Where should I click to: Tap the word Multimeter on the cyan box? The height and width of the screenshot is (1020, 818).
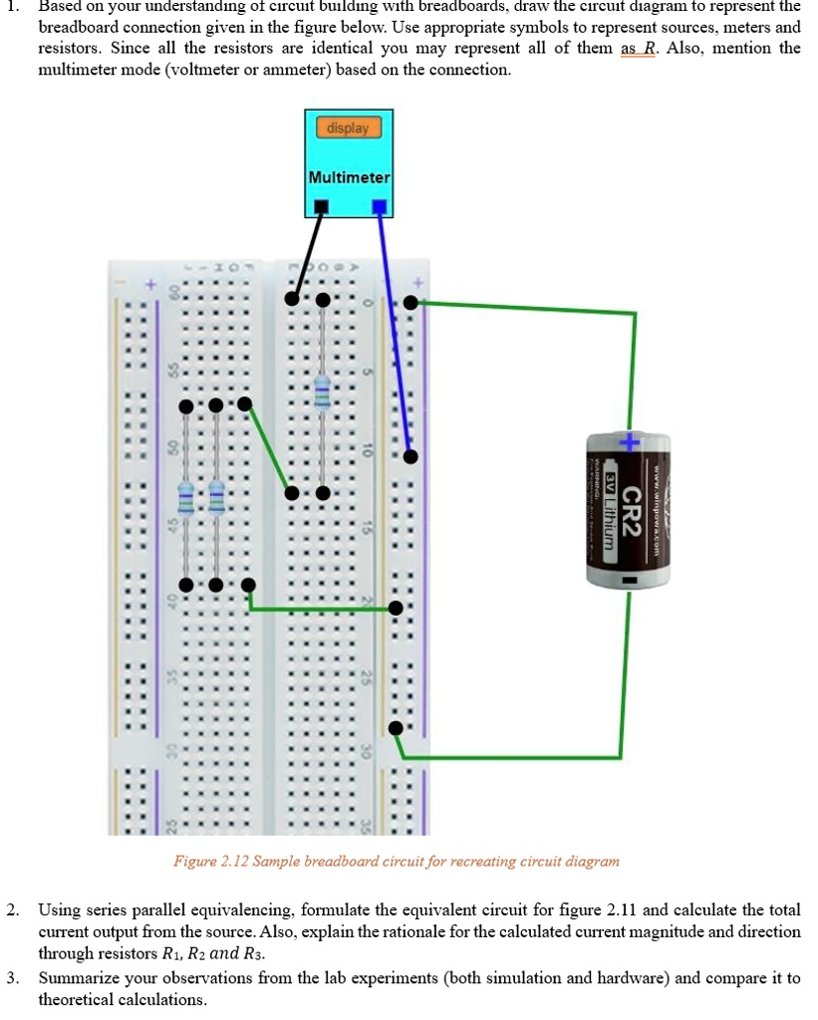click(349, 177)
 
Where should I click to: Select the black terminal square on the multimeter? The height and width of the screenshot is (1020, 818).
click(320, 206)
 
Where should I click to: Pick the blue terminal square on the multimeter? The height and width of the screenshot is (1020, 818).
click(378, 206)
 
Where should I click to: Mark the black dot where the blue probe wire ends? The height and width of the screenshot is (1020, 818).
click(410, 456)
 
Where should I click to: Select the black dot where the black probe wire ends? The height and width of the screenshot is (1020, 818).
click(292, 298)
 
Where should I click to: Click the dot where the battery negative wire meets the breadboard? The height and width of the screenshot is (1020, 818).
click(397, 727)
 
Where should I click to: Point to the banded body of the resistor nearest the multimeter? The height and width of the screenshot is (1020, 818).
click(322, 392)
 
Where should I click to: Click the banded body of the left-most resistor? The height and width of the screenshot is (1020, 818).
click(185, 494)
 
